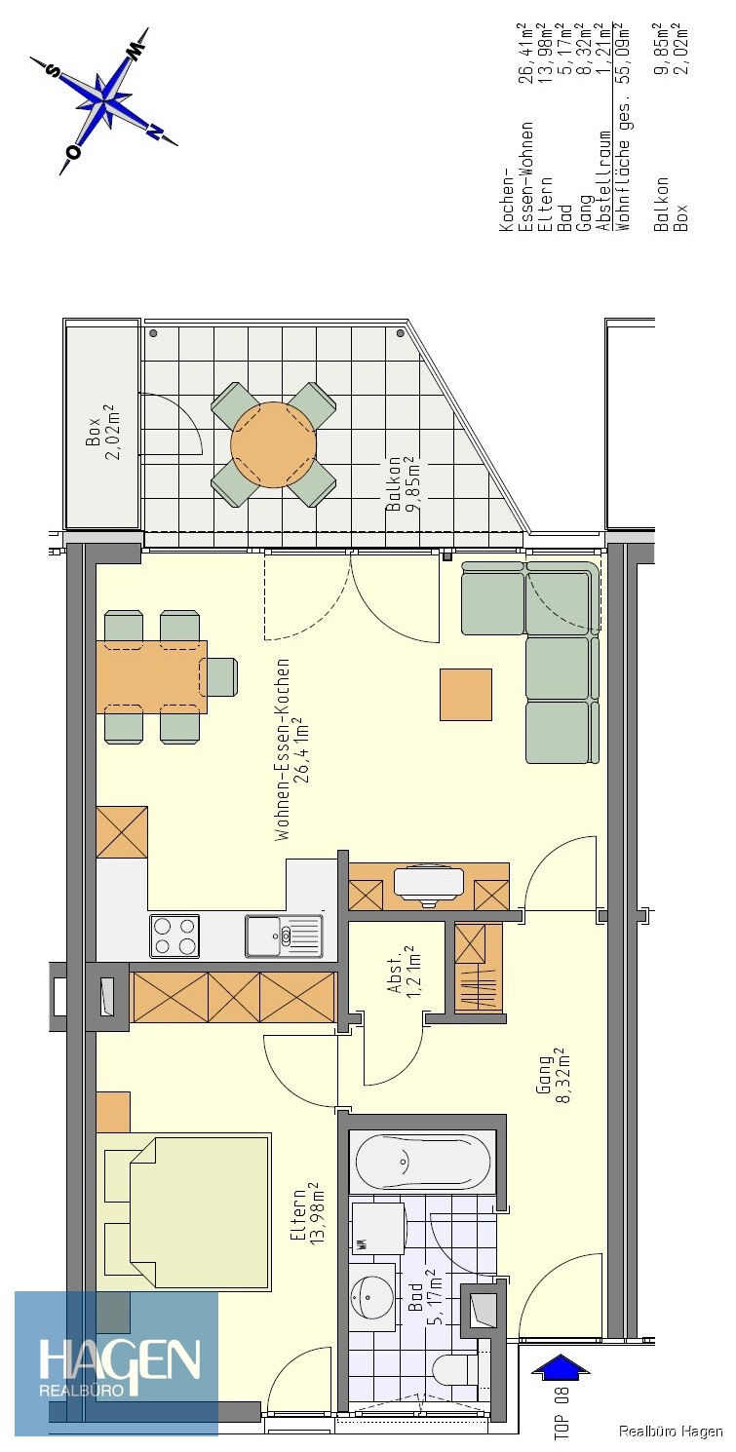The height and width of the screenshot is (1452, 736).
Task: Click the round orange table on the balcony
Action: click(x=274, y=444)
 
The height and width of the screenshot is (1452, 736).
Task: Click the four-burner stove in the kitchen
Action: click(x=174, y=936)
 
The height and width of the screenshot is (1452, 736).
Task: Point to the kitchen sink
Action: click(x=284, y=936)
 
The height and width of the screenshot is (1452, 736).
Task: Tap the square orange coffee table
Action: click(x=466, y=695)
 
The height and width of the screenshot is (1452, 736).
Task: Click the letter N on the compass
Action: click(x=154, y=131)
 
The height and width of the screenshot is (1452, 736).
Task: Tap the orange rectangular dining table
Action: click(x=152, y=676)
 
